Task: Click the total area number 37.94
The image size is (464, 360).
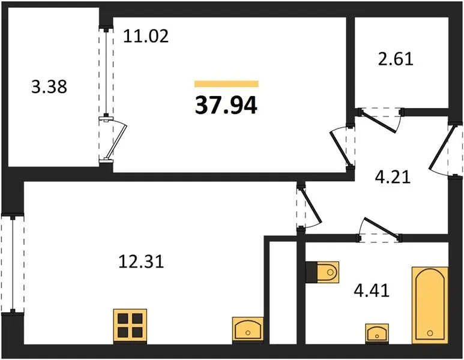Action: tap(226, 105)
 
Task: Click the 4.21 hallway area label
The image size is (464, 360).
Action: tap(392, 178)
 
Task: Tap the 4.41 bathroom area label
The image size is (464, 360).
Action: tap(372, 292)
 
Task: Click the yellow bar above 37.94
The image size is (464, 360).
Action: tap(226, 84)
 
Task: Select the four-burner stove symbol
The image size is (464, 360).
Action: tap(130, 327)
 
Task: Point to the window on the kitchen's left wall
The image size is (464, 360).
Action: tap(13, 264)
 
